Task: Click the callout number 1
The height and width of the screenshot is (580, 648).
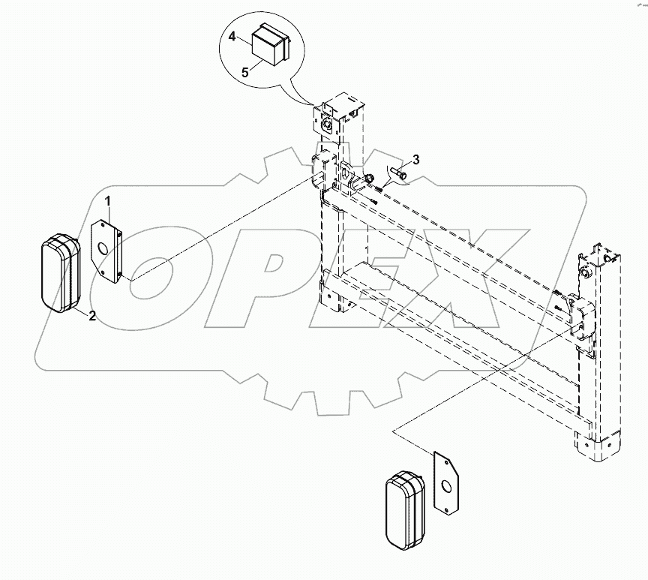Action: point(108,201)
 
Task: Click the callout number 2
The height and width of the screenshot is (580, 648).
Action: point(91,316)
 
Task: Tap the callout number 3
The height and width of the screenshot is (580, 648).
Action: point(416,159)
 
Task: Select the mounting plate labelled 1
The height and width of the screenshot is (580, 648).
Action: point(106,251)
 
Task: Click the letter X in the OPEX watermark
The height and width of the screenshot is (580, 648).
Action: point(480,285)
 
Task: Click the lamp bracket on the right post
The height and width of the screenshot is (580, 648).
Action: point(579,315)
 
